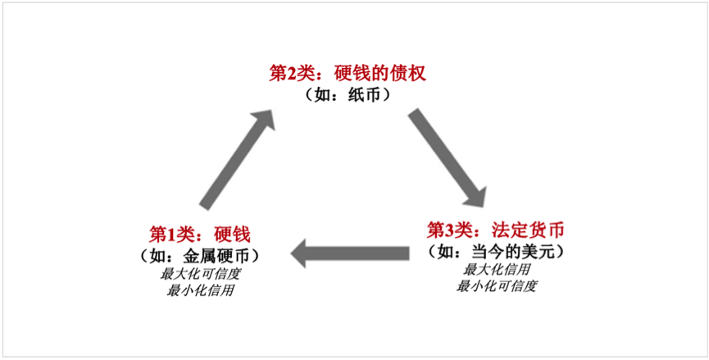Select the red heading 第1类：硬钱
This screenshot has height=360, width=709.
coord(198,233)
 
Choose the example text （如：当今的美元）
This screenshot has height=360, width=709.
coord(498,250)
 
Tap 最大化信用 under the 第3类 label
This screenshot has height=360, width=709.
coord(496,269)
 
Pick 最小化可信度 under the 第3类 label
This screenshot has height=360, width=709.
coord(497,286)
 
